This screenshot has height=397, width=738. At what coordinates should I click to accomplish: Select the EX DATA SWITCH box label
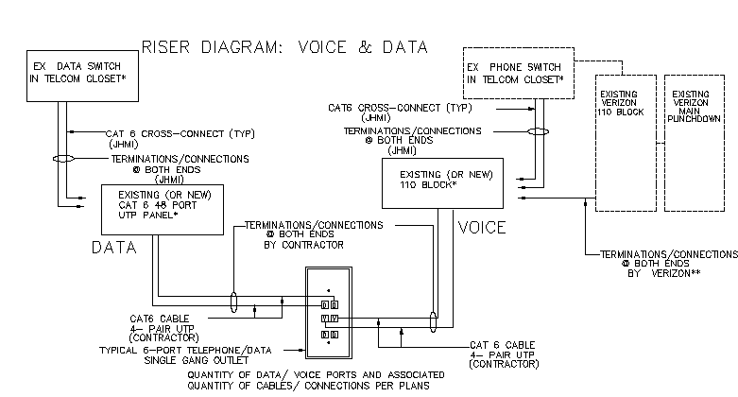pyautogui.click(x=78, y=73)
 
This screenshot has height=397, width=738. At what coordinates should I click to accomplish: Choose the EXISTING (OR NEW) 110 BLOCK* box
pyautogui.click(x=440, y=181)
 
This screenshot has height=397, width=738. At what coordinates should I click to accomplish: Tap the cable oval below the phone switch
pyautogui.click(x=538, y=132)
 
